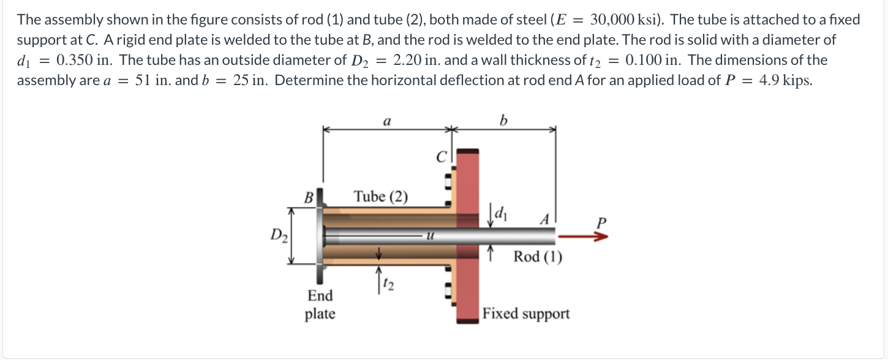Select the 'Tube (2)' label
380,197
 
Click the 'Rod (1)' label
537,257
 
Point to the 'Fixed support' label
525,314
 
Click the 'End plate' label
320,304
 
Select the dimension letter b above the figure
503,121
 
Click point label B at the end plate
309,197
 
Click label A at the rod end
543,220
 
